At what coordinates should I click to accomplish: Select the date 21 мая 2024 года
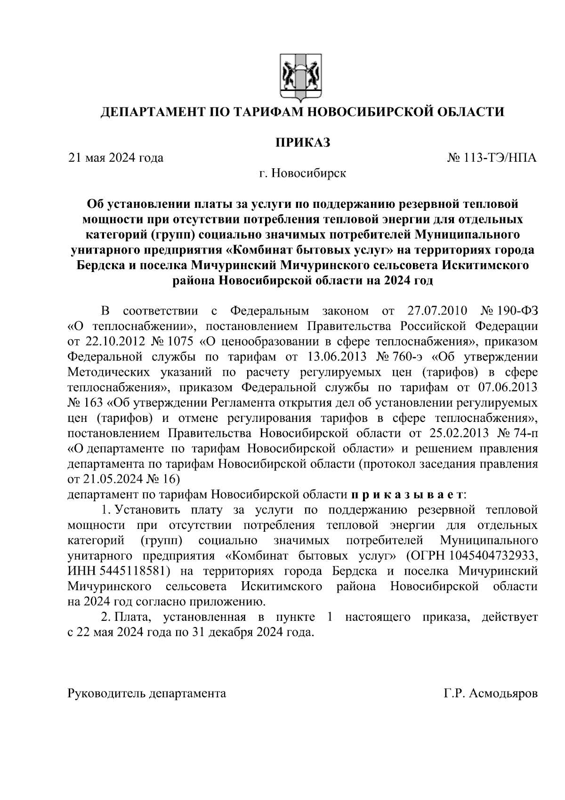pyautogui.click(x=116, y=157)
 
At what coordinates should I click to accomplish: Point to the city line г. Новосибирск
pyautogui.click(x=302, y=173)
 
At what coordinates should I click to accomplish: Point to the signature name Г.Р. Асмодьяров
pyautogui.click(x=490, y=693)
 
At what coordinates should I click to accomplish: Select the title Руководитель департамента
pyautogui.click(x=147, y=693)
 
